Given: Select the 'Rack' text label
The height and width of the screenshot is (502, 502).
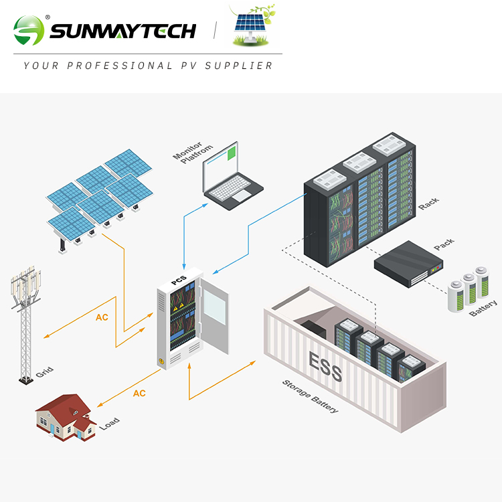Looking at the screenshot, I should pyautogui.click(x=428, y=203).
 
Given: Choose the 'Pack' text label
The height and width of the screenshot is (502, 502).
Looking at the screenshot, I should pyautogui.click(x=443, y=244).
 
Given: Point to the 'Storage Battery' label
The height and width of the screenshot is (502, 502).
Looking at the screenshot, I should pyautogui.click(x=310, y=396).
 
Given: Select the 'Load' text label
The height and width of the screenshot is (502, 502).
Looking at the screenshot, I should pyautogui.click(x=110, y=423).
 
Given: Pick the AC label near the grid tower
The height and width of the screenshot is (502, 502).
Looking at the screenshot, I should pyautogui.click(x=102, y=317).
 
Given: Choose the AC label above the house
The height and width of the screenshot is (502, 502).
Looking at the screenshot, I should pyautogui.click(x=139, y=393).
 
